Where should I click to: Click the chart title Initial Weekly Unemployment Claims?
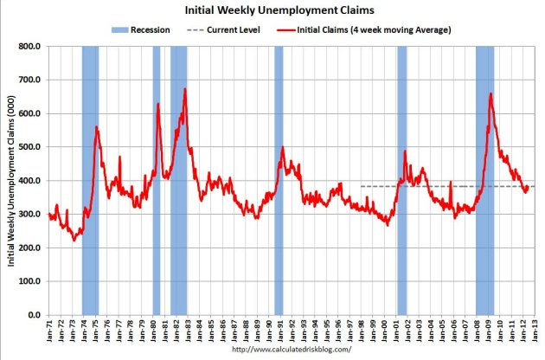point(272,11)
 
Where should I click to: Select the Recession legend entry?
point(142,29)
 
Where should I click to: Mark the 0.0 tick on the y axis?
point(34,315)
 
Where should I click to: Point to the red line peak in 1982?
point(184,89)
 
